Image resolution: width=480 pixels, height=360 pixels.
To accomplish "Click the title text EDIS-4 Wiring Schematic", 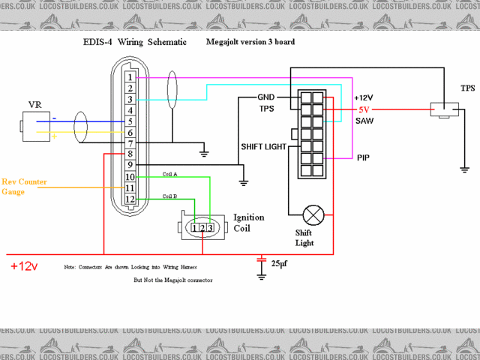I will pos(133,43).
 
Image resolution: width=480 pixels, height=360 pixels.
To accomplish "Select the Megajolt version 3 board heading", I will pos(250,43).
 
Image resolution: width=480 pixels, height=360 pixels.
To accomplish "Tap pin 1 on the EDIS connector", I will pos(130,77).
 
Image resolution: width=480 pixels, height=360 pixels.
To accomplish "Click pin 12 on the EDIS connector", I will pos(130,199).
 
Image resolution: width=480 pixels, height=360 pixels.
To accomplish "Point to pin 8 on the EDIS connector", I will pos(130,154).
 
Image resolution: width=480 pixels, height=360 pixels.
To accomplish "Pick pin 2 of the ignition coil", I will pos(202,228).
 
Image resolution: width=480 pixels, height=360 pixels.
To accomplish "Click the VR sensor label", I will pos(35,103).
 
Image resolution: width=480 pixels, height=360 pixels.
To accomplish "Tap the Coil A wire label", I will pos(170,174).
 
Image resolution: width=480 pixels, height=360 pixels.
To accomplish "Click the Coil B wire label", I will pos(170,196).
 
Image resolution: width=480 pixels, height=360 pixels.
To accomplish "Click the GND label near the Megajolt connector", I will pos(266,97).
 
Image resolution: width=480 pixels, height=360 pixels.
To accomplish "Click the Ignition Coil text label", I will pos(248,222).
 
